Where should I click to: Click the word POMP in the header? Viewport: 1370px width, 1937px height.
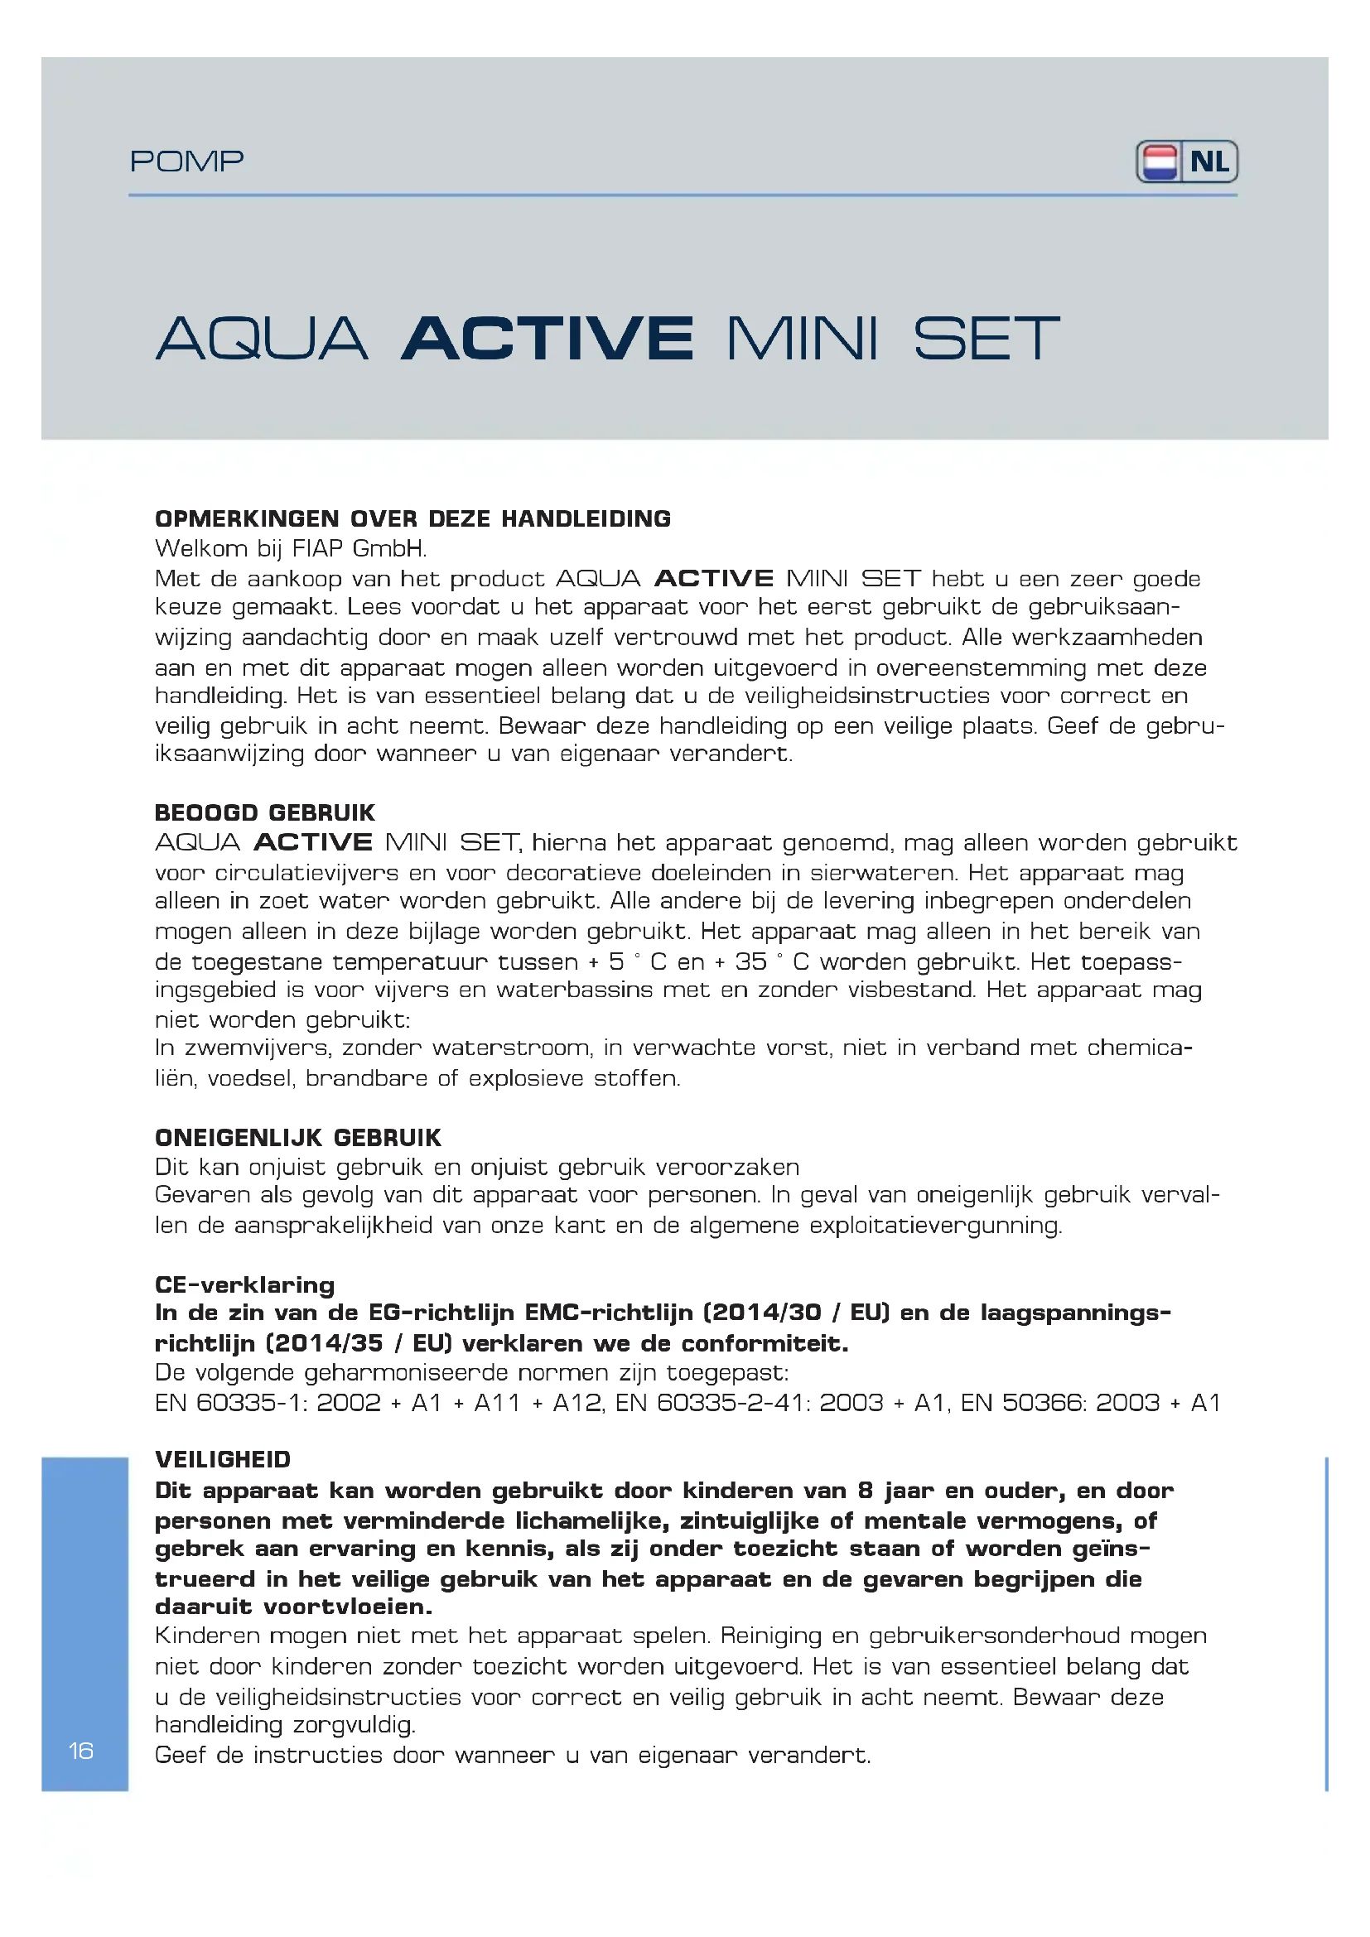coord(186,161)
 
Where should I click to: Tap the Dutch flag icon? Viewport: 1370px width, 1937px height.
coord(1159,162)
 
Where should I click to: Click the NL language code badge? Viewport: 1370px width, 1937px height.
coord(1209,162)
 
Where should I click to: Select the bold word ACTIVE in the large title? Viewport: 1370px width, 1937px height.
coord(548,339)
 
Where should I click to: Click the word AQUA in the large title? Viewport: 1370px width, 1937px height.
coord(262,339)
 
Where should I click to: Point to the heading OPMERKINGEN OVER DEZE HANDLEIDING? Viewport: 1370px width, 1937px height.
coord(412,519)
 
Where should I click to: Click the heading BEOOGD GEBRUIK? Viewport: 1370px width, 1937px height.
coord(265,812)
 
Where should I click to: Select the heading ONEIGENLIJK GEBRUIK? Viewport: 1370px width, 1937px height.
coord(298,1138)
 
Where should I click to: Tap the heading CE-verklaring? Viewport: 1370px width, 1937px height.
coord(244,1285)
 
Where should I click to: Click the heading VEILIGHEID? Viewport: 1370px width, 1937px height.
coord(223,1459)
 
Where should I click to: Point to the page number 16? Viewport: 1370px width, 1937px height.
coord(81,1751)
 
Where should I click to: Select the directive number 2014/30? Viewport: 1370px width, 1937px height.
coord(764,1313)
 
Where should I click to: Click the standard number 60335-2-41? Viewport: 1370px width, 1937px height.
coord(731,1402)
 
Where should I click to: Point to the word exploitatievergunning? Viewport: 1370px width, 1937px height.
coord(935,1225)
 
